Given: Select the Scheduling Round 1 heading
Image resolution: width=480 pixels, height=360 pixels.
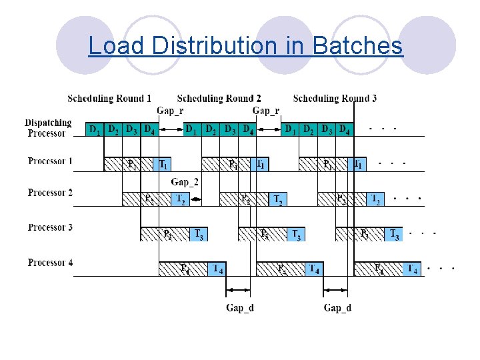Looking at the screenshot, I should click(x=109, y=99).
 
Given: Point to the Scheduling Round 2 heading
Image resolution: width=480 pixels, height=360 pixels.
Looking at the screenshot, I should click(x=219, y=99).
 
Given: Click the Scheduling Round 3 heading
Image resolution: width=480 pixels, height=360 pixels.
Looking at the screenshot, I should click(x=335, y=99).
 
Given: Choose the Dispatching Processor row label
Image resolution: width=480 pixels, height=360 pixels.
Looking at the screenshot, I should click(x=48, y=128).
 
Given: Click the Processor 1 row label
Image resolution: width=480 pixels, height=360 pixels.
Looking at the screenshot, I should click(x=50, y=161).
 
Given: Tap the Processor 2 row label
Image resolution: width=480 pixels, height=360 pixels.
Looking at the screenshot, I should click(x=50, y=193).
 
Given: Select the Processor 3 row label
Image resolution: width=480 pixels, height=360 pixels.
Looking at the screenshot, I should click(x=50, y=228).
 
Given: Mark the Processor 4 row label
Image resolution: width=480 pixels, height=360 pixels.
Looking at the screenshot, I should click(x=50, y=263).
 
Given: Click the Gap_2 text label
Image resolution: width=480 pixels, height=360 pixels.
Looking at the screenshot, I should click(x=185, y=182).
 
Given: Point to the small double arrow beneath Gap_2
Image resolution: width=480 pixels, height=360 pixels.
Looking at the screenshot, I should click(x=195, y=199).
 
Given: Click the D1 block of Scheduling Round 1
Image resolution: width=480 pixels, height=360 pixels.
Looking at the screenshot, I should click(x=95, y=129).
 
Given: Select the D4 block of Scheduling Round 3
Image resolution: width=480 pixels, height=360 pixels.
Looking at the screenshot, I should click(x=344, y=129).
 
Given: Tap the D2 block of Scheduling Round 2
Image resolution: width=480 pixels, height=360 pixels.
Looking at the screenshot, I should click(x=210, y=129).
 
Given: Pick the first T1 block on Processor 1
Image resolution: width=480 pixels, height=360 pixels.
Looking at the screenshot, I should click(x=163, y=164).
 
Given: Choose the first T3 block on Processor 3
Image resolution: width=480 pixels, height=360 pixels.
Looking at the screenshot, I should click(x=199, y=234).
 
